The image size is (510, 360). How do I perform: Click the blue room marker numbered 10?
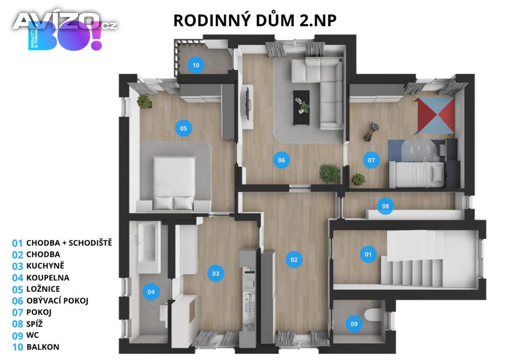196,65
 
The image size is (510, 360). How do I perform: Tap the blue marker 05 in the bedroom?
183,128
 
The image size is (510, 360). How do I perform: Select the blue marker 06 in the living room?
281,160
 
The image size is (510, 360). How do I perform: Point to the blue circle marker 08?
385,206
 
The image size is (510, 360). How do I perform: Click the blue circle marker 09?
354,324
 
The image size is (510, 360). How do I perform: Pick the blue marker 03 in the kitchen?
216,273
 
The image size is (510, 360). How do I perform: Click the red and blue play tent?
435,116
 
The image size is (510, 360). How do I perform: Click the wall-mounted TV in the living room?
246,102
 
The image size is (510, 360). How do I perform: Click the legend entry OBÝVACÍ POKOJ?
54,301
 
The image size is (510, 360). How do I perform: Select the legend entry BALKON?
40,347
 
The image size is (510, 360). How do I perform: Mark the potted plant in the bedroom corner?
144,102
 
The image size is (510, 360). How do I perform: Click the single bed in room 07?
416,175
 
